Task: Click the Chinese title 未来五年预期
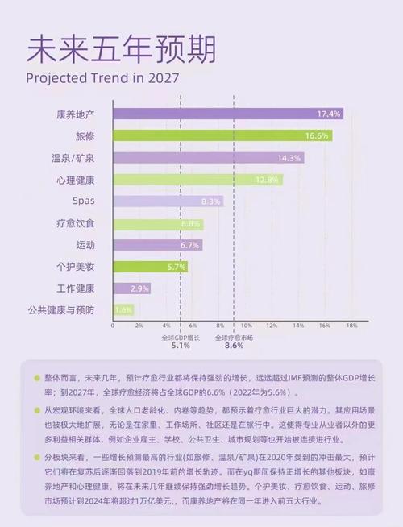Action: tap(121, 49)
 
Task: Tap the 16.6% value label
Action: tap(316, 135)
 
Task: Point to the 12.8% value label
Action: tap(268, 179)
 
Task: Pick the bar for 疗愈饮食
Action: tap(158, 223)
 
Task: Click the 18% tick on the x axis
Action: tap(351, 326)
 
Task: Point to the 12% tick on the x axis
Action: tap(272, 326)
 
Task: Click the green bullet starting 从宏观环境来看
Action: tap(37, 409)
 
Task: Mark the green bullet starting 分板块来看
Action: tap(37, 456)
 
